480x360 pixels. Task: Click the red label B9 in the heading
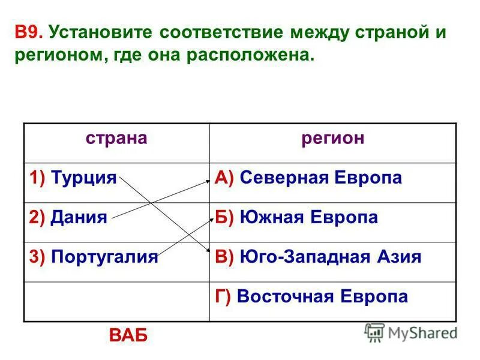point(29,31)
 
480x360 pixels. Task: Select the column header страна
point(116,139)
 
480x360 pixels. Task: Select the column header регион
point(332,139)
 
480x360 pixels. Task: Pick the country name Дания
point(79,217)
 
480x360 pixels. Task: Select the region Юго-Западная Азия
point(331,257)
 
